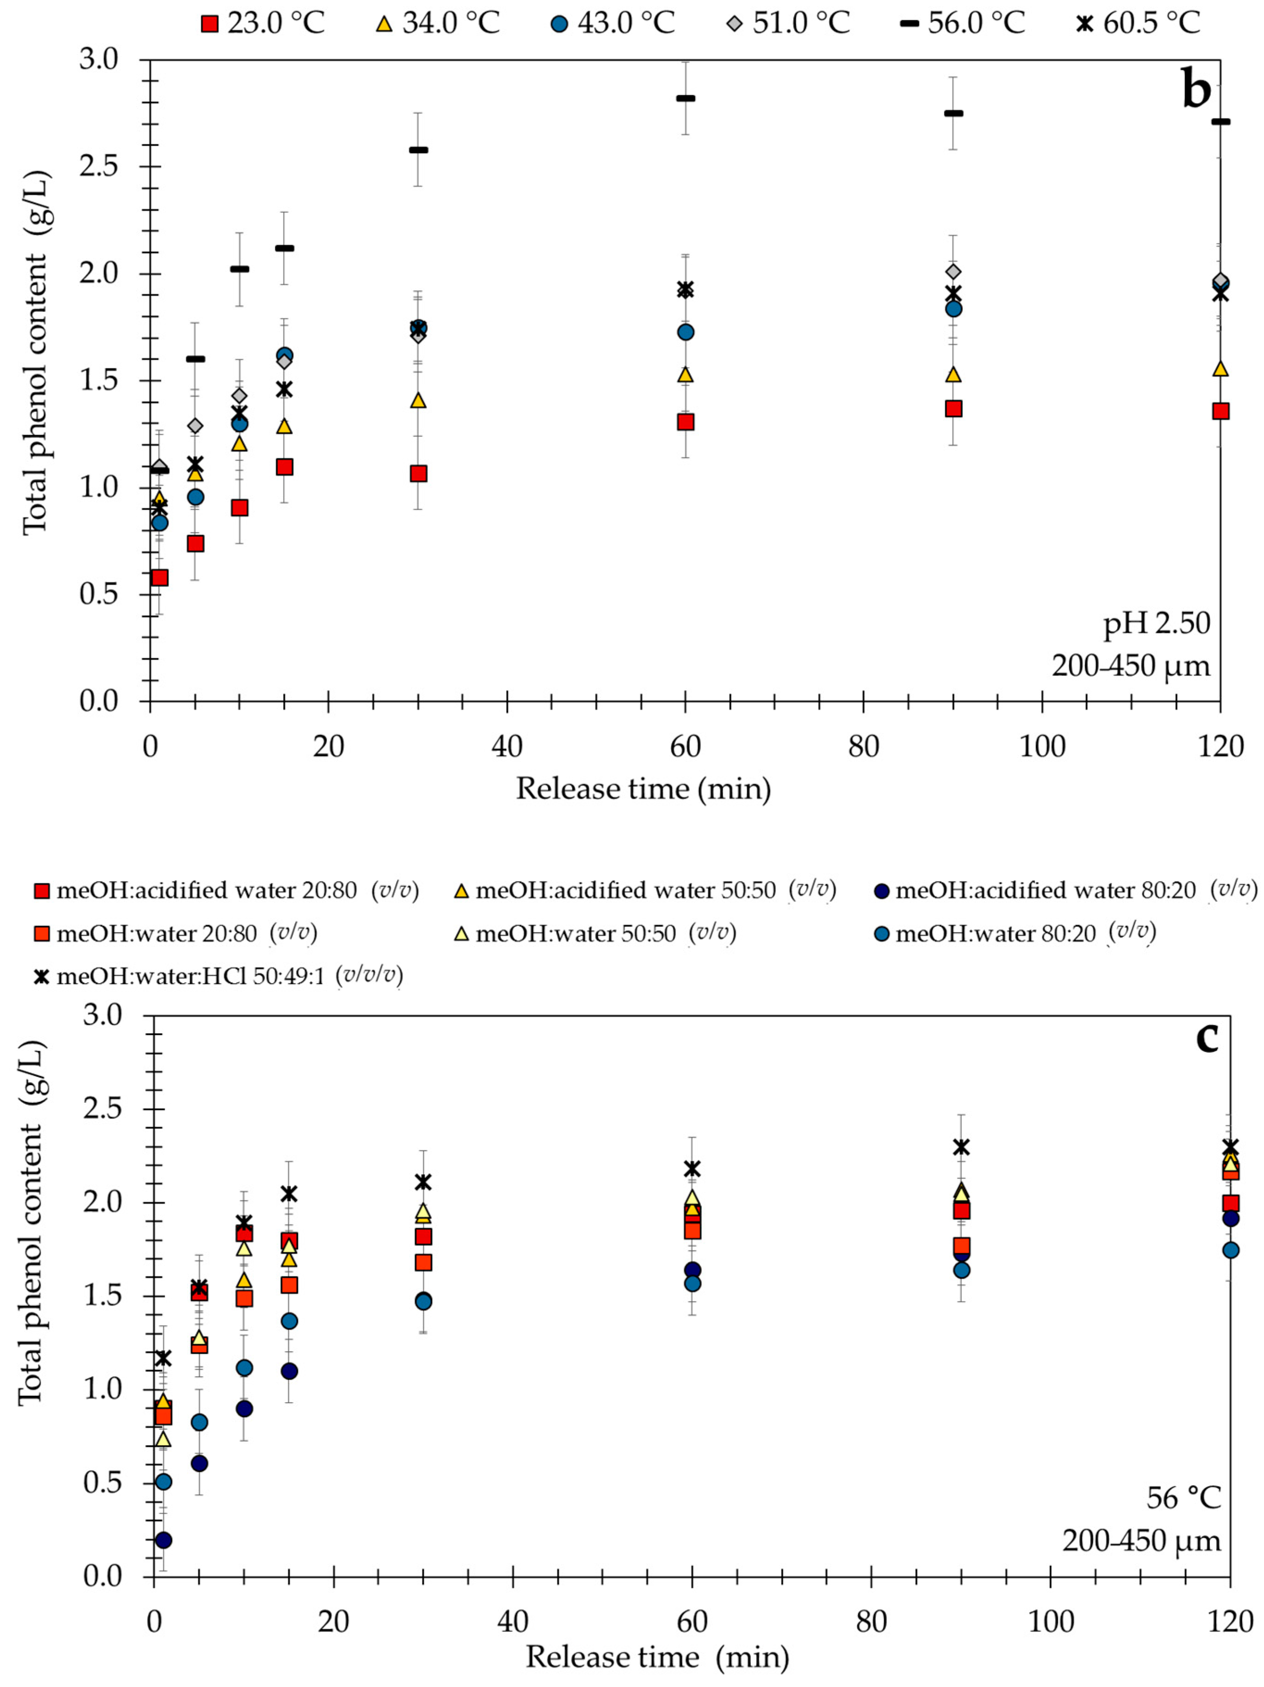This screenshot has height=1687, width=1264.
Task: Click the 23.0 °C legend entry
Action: pyautogui.click(x=263, y=23)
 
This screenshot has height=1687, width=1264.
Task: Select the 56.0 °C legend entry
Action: pyautogui.click(x=962, y=23)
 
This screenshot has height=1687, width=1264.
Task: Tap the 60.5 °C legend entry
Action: pyautogui.click(x=1137, y=23)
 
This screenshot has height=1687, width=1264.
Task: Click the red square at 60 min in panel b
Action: pyautogui.click(x=685, y=422)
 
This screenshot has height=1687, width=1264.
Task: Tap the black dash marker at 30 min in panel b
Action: pyautogui.click(x=418, y=150)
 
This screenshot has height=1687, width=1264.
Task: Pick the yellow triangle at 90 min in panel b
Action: pyautogui.click(x=953, y=374)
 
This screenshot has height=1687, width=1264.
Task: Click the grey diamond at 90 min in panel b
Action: pyautogui.click(x=953, y=271)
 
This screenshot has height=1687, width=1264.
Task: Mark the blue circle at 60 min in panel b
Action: pyautogui.click(x=685, y=332)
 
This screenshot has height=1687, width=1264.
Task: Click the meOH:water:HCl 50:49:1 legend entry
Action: pyautogui.click(x=219, y=976)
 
